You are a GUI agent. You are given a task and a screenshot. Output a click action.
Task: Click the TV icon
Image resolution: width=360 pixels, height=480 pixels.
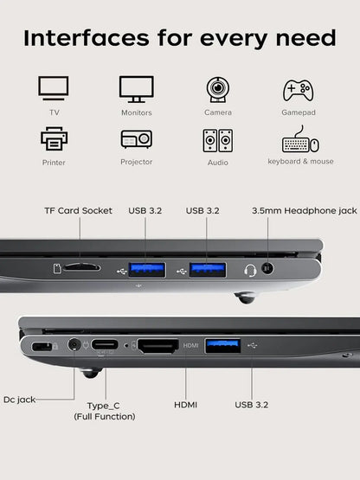click(x=54, y=89)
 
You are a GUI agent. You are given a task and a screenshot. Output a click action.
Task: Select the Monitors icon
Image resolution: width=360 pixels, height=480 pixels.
click(x=136, y=89)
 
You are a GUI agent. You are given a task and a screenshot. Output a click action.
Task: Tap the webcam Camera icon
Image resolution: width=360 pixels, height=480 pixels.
click(x=217, y=89)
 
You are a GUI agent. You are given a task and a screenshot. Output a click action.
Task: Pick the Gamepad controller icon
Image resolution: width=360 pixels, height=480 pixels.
click(x=299, y=90)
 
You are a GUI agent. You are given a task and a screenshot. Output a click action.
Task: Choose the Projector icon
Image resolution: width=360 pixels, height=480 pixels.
click(x=136, y=139)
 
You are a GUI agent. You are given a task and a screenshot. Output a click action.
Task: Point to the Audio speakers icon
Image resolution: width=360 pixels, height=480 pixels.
click(x=217, y=140)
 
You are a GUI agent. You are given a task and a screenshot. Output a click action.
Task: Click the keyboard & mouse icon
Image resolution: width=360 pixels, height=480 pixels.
click(x=299, y=140)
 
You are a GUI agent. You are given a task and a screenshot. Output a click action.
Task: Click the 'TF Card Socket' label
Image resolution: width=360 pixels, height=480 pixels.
click(x=79, y=210)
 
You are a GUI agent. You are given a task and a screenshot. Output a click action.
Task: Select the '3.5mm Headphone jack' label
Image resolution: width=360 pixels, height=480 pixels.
click(x=304, y=210)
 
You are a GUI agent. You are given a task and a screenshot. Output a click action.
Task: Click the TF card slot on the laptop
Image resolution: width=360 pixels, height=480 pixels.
click(x=80, y=267)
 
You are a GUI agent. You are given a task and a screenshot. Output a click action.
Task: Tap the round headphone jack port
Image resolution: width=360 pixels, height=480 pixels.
click(x=267, y=268)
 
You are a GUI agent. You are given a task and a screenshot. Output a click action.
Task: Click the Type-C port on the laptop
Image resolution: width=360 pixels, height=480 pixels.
click(x=106, y=346)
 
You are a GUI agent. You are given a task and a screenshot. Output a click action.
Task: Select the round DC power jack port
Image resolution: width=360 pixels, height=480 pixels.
click(x=74, y=345)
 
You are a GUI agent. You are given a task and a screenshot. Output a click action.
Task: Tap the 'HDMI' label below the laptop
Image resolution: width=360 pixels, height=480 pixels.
click(x=186, y=404)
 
